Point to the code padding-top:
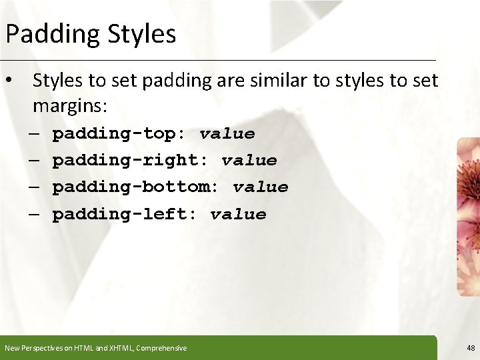pos(119,134)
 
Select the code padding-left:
pos(125,215)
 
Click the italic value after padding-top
pos(227,134)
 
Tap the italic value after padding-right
pos(249,161)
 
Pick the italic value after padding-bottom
pos(261,187)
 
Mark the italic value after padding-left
pos(238,215)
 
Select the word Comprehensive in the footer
pos(161,348)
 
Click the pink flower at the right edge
pos(469,213)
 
